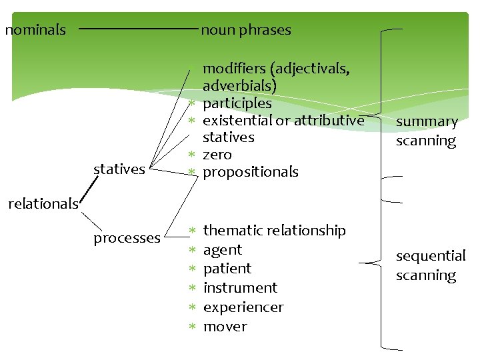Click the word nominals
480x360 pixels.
[x=35, y=30]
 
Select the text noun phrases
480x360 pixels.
[x=246, y=30]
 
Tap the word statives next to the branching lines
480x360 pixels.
[x=119, y=169]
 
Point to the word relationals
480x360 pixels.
[x=43, y=204]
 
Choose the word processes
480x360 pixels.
[x=127, y=238]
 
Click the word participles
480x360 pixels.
[x=237, y=103]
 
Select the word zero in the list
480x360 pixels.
[x=217, y=155]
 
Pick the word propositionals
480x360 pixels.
[x=250, y=172]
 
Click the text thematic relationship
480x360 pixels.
[x=274, y=231]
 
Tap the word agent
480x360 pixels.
[x=222, y=250]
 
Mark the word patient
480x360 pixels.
[x=227, y=269]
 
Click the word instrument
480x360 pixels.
[x=240, y=288]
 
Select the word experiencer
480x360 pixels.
[x=243, y=307]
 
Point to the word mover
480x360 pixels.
[x=225, y=327]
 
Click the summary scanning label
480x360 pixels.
[x=427, y=131]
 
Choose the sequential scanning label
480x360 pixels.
[x=430, y=265]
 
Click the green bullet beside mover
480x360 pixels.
[x=191, y=327]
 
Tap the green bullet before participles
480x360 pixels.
[x=191, y=104]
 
